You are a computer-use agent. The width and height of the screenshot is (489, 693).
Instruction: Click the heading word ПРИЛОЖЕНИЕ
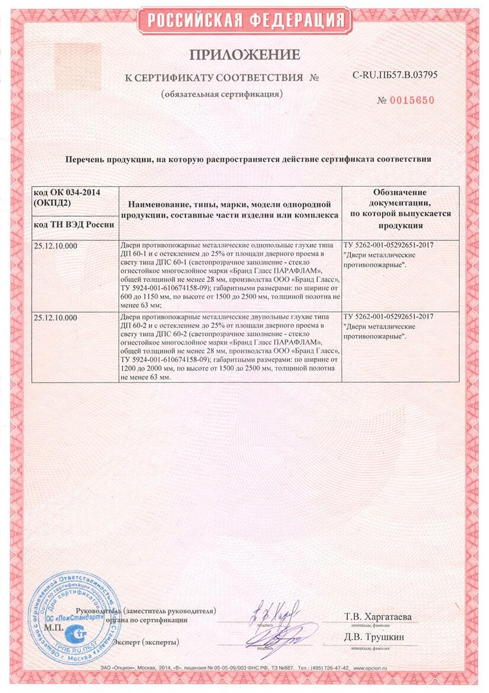pyautogui.click(x=244, y=55)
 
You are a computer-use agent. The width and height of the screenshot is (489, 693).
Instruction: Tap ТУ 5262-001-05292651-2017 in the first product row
pyautogui.click(x=388, y=245)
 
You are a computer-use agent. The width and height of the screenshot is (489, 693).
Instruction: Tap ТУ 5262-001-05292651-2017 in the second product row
pyautogui.click(x=388, y=317)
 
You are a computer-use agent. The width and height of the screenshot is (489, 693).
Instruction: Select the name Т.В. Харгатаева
pyautogui.click(x=378, y=617)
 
